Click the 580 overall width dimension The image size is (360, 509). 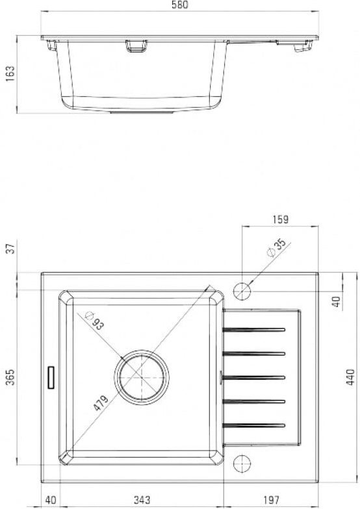coord(179,5)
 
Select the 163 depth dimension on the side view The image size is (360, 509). coord(10,74)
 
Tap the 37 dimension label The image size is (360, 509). coord(11,249)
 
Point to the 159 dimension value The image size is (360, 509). coord(281,219)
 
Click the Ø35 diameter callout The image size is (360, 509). coord(276,248)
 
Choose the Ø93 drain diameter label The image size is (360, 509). coord(94,320)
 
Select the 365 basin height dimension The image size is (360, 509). coord(10,377)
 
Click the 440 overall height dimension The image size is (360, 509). coord(350,377)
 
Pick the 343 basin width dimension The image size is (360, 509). coord(142,500)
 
